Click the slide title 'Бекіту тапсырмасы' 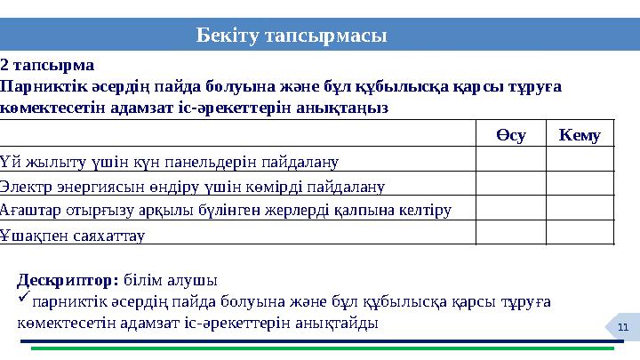(292, 36)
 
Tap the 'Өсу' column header (510, 134)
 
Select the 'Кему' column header (580, 134)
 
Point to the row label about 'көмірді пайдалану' (193, 185)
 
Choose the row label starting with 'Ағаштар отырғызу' (227, 210)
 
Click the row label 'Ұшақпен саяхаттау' (74, 235)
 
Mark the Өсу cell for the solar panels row (510, 159)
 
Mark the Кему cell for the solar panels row (580, 159)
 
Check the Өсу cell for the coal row (510, 183)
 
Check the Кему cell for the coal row (580, 183)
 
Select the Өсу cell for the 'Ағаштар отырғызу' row (510, 208)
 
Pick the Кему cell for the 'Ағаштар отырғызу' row (580, 208)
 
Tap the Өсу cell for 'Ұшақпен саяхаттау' (510, 233)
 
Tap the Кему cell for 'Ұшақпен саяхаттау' (580, 233)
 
